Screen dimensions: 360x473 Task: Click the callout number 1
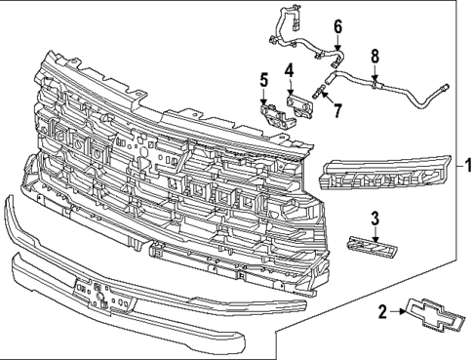[x=466, y=165]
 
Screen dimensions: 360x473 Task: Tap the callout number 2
[x=383, y=311]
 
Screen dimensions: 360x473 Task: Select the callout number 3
[x=374, y=219]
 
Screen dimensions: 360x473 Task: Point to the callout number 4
[x=290, y=69]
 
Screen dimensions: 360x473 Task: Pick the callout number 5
[x=262, y=79]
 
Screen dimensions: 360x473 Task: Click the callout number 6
[x=338, y=26]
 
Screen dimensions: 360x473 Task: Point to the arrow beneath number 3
[x=374, y=229]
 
